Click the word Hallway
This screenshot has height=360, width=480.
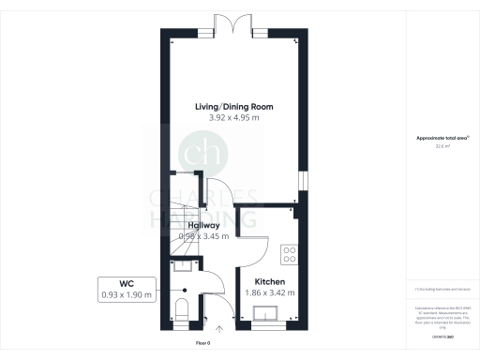click(202, 226)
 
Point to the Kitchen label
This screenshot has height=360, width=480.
click(269, 281)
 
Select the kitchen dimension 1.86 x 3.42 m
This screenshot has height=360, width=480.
click(269, 292)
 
